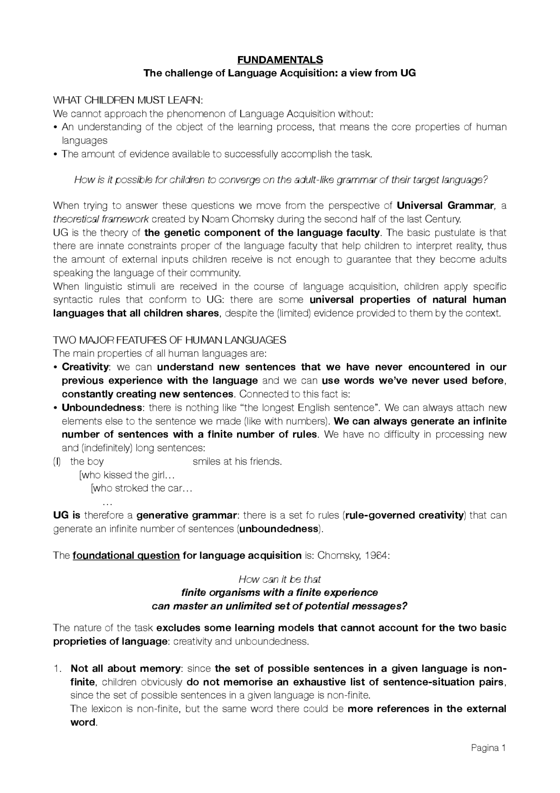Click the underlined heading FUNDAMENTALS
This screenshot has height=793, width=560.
point(280,60)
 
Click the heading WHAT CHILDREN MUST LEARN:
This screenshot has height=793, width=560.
point(128,100)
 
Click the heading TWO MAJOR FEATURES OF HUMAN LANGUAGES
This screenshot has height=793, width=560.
point(169,340)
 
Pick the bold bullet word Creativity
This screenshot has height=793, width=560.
point(85,367)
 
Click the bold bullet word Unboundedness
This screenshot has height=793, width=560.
point(101,408)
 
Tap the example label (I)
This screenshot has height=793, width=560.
point(56,462)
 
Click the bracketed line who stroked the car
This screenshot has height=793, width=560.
point(141,488)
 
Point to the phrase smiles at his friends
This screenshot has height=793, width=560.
point(237,462)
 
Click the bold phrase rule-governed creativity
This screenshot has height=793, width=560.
point(404,515)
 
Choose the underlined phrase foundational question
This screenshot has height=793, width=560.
point(126,556)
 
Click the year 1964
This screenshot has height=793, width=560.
point(376,556)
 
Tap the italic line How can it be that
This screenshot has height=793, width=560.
point(280,579)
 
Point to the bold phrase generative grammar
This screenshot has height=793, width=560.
point(186,515)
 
